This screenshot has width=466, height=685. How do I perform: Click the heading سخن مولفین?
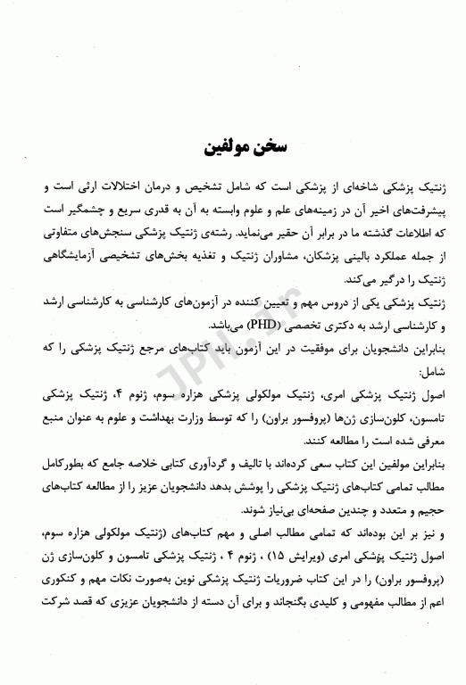pyautogui.click(x=232, y=144)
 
